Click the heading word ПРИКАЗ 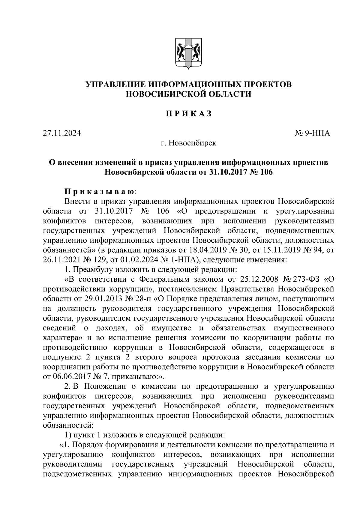point(189,114)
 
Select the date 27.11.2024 point(62,133)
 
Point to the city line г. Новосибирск point(188,143)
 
